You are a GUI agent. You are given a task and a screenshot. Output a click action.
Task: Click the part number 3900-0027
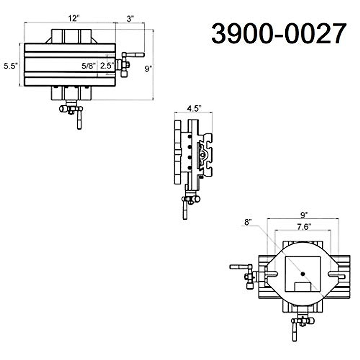point(279,34)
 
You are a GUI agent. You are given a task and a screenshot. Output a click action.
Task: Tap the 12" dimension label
point(73,18)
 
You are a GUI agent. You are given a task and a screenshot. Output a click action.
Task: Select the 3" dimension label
point(130,19)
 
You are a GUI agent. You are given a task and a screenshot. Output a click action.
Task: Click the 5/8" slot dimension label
point(89,66)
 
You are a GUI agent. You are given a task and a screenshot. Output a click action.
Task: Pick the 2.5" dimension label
point(107,66)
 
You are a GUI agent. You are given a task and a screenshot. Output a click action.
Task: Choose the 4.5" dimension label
point(193,108)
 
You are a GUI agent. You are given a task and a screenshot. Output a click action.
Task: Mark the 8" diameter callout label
point(248,222)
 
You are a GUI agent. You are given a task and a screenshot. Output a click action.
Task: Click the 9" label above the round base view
point(304,215)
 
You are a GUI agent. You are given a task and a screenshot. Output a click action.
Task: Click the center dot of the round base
point(303,273)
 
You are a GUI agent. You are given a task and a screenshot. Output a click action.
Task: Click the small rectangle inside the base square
point(303,286)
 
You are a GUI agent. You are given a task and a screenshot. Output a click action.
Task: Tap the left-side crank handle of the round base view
point(239,266)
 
